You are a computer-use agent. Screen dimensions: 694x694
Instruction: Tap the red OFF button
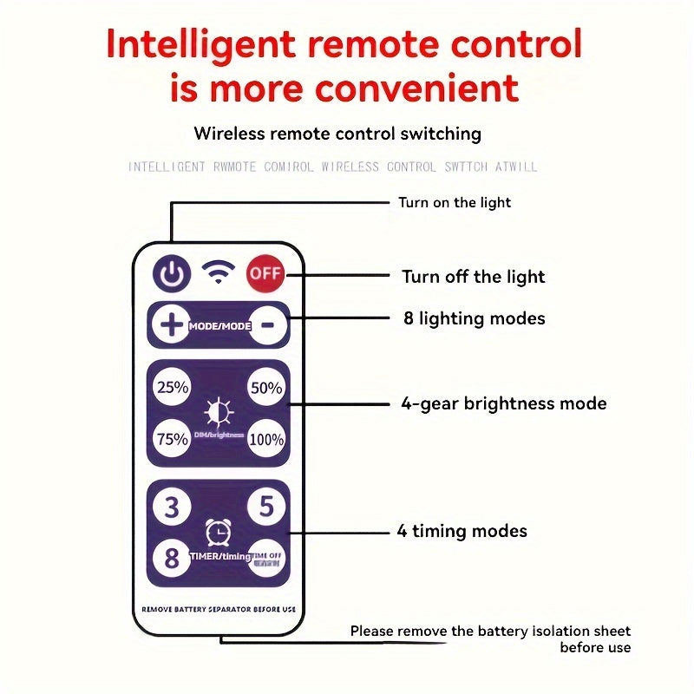point(265,274)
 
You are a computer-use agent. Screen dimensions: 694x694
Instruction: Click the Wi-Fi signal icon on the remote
point(218,273)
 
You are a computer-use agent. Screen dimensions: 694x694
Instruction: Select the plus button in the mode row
point(171,325)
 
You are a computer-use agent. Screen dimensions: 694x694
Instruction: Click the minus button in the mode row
point(267,325)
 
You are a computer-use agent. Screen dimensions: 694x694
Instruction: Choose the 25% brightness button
point(172,388)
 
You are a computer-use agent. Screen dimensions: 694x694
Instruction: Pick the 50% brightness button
point(266,388)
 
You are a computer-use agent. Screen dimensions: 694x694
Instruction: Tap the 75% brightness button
point(172,439)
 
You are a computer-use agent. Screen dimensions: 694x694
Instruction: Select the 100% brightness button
point(266,439)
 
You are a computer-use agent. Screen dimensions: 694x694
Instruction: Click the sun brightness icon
point(218,409)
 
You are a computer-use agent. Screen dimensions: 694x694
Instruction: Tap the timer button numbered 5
point(266,507)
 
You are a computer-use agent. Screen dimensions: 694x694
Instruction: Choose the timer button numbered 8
point(172,558)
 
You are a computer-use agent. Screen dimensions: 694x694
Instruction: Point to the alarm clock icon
point(218,531)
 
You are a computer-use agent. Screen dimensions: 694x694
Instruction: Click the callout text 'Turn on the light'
point(455,203)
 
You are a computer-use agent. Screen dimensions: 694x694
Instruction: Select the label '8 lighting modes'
point(475,318)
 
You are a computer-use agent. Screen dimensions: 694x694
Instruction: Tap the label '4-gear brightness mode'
point(504,403)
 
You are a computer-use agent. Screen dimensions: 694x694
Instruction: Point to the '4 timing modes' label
point(462,531)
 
